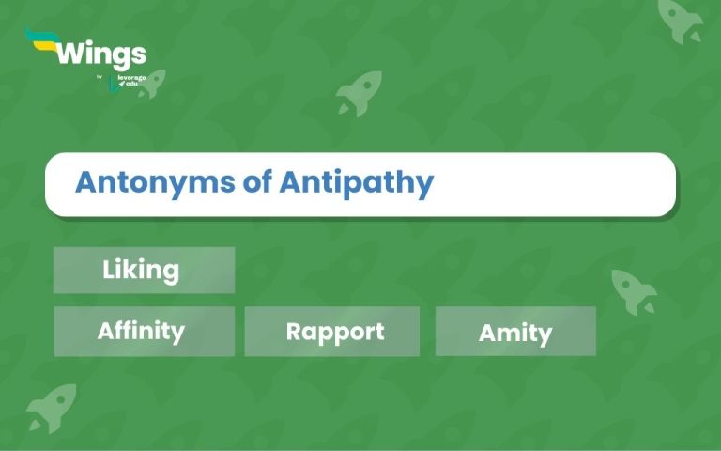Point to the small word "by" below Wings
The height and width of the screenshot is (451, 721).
coord(100,77)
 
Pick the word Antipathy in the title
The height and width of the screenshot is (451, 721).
coord(357,182)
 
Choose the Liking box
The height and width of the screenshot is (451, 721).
coord(144,271)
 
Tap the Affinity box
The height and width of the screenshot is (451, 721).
coord(144,331)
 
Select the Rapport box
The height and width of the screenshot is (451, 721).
coord(332,332)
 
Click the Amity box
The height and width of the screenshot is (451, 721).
coord(515,332)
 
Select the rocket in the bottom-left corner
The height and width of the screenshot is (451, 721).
coord(51,407)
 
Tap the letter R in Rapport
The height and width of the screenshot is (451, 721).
coord(294,332)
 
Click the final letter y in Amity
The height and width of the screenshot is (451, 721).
coord(545,334)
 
